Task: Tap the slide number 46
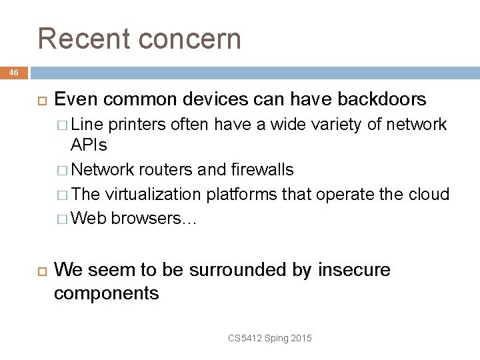[x=14, y=73]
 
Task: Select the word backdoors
[x=382, y=100]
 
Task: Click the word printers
[x=138, y=125]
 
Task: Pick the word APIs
[x=89, y=145]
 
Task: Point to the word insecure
[x=354, y=270]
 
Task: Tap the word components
[x=106, y=293]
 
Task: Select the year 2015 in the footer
[x=301, y=339]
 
